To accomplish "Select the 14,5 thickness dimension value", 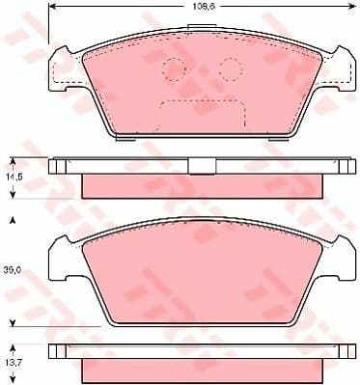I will click(14, 177).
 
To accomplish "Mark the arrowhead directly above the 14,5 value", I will click(14, 161).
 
